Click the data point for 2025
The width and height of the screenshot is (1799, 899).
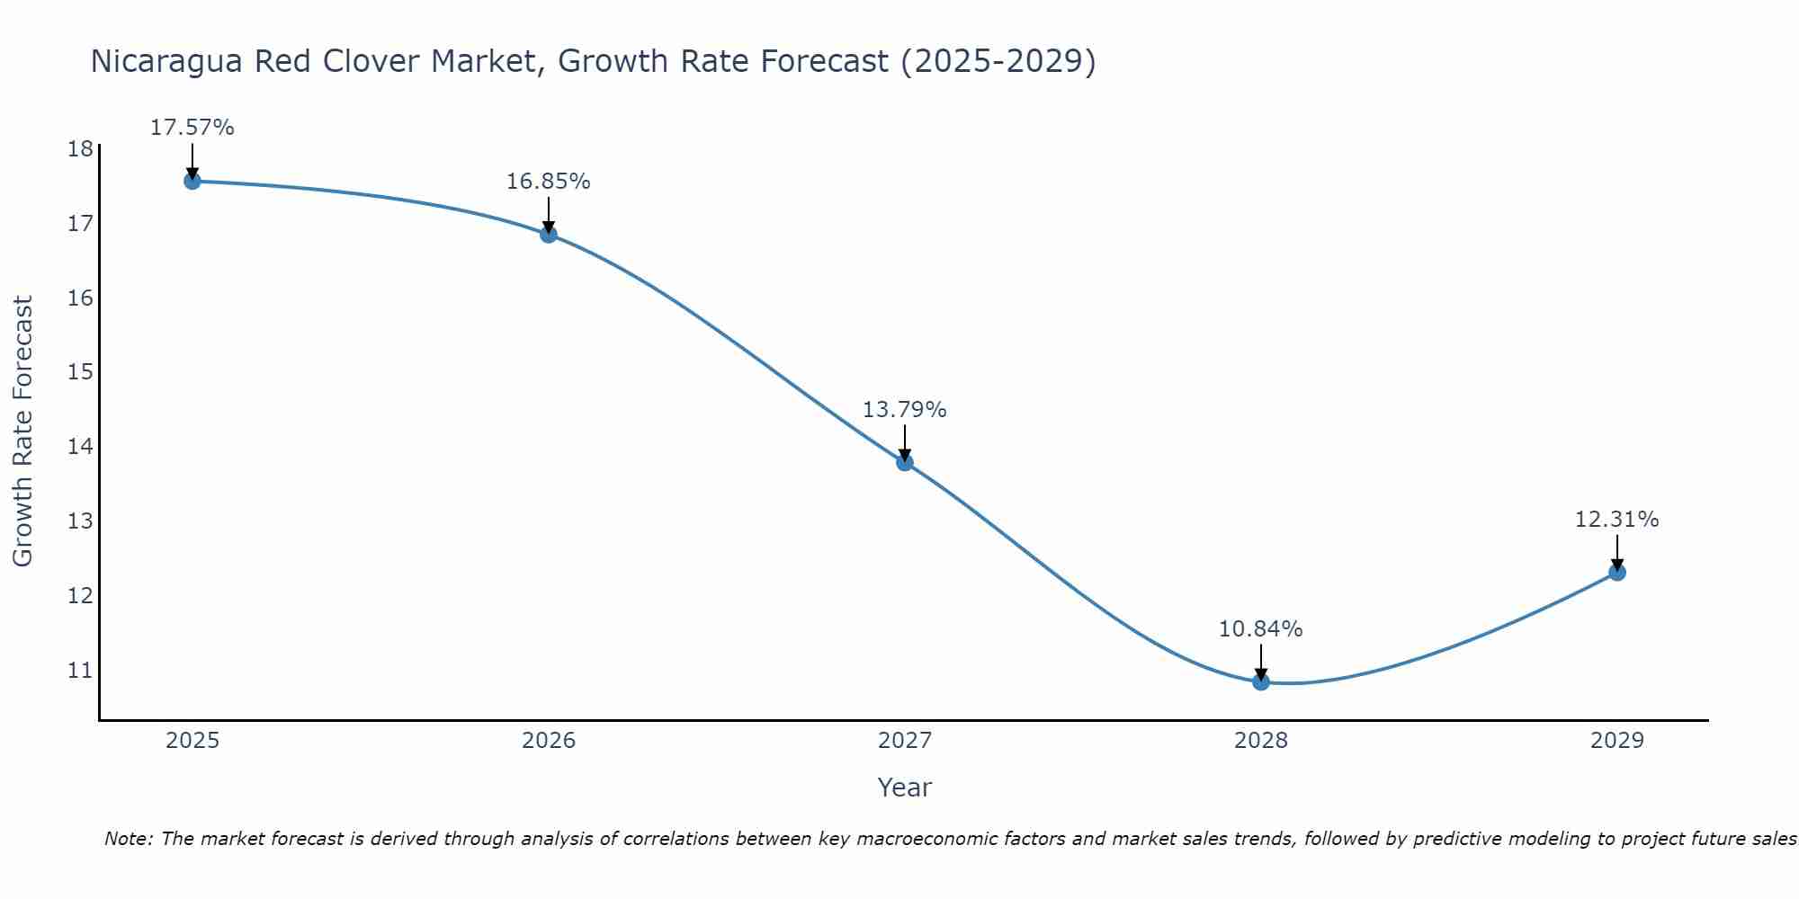tap(192, 181)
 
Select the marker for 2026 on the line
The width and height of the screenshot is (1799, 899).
tap(549, 235)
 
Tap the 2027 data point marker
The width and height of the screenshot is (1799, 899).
tap(905, 462)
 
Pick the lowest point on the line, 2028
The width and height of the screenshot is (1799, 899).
tap(1261, 682)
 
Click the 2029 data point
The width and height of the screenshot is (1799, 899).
tap(1617, 572)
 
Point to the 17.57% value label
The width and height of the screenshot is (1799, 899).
tap(192, 128)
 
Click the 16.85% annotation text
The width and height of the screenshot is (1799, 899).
tap(549, 182)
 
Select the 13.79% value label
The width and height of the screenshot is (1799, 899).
tap(905, 410)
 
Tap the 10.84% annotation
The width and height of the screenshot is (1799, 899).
tap(1261, 629)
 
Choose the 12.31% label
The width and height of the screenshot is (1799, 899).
tap(1617, 520)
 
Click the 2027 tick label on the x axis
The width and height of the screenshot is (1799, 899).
tap(905, 741)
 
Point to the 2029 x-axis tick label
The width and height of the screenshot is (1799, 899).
tap(1617, 741)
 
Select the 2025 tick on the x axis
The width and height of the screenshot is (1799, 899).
tap(192, 741)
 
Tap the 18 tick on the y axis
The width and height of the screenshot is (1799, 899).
tap(80, 148)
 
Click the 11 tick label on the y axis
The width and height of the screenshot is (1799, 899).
tap(80, 670)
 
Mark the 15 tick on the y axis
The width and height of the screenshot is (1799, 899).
tap(80, 371)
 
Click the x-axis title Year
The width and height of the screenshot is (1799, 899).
tap(905, 788)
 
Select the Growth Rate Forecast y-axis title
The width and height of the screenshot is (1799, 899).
tap(23, 432)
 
